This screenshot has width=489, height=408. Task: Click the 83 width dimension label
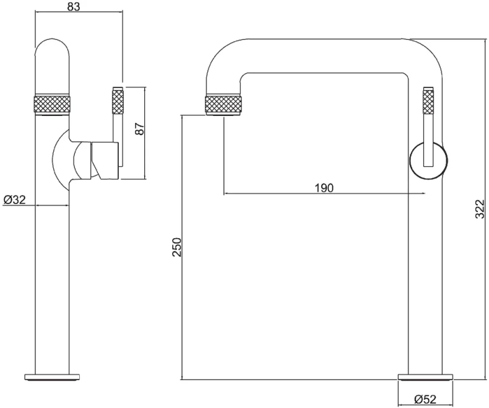coord(73,6)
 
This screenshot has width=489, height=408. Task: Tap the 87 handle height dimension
coord(140,128)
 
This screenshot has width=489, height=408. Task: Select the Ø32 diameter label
coord(15,199)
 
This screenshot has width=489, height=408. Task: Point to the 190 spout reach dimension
coord(324,188)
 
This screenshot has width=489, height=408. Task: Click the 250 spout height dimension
coord(177,247)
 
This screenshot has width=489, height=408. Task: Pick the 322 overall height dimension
coord(480,209)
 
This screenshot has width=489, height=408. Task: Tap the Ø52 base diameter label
coord(425,399)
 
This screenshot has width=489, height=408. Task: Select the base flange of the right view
coord(425,376)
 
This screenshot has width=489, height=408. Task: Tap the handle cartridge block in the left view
coord(105,160)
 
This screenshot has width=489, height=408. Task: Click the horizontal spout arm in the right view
coord(324,56)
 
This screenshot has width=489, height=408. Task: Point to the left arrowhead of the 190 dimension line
coord(226,193)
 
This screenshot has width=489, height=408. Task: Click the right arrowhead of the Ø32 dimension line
coord(66,205)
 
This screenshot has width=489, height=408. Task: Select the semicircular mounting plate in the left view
coord(59,160)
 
